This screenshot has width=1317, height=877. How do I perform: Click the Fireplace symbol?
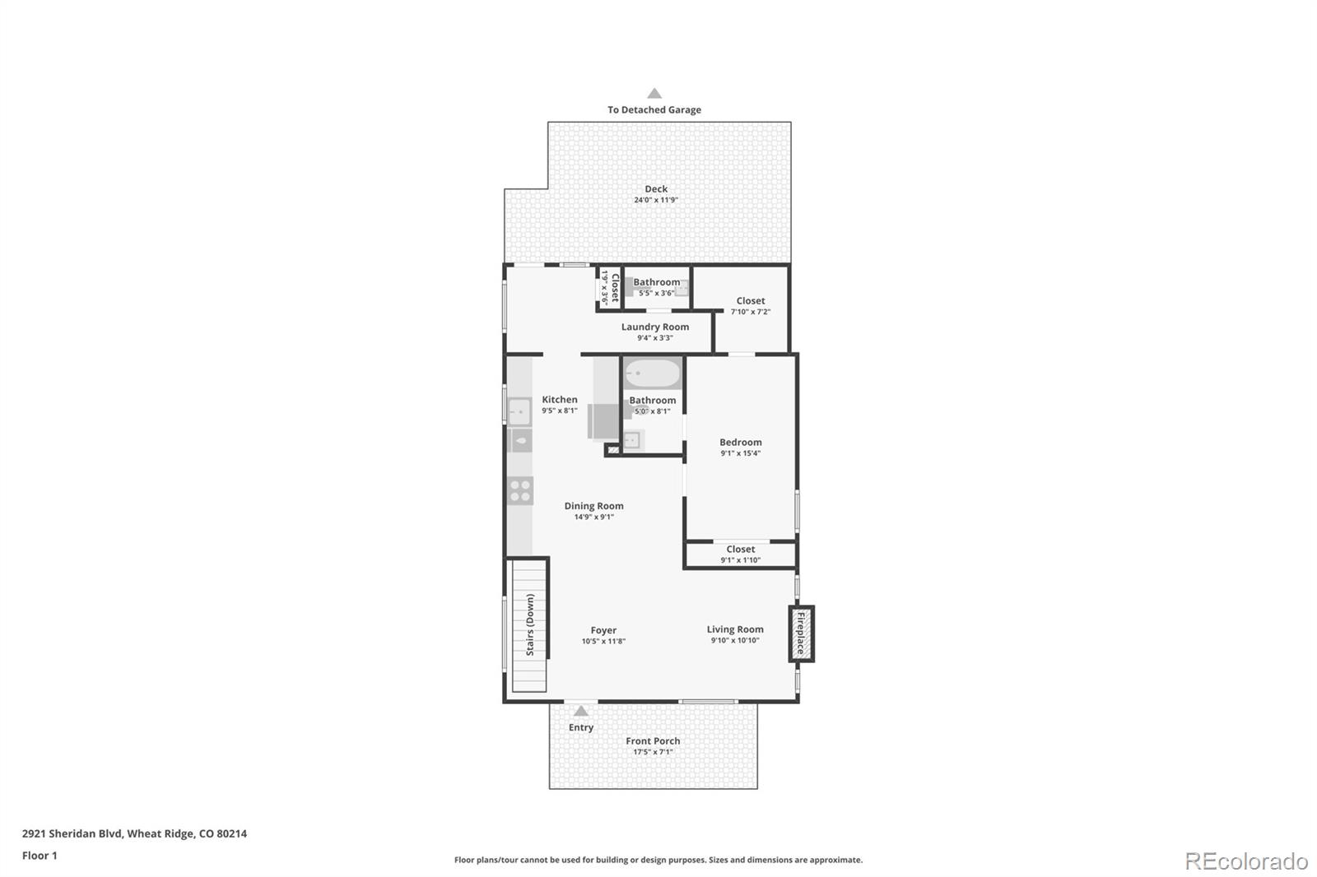pos(801,633)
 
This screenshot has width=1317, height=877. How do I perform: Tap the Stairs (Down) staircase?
pos(528,625)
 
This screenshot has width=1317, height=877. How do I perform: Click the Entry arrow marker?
pos(581,712)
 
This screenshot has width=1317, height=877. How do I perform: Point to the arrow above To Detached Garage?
pos(654,94)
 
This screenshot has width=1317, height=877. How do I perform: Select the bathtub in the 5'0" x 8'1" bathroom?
pos(652,374)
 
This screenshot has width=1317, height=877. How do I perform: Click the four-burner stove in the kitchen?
pos(520,491)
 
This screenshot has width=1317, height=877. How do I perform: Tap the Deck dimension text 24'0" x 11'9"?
pos(656,200)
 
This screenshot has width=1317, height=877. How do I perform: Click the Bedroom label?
pos(740,442)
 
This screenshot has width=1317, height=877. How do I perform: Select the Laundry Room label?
pos(655,327)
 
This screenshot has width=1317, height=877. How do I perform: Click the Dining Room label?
pos(593,506)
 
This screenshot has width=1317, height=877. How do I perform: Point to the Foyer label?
pos(603,630)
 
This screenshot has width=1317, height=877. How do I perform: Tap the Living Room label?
pos(735,629)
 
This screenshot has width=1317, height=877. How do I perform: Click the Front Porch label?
pos(653,740)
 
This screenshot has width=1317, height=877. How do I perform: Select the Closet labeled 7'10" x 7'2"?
pos(751,301)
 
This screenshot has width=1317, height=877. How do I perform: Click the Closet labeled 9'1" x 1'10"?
pos(740,550)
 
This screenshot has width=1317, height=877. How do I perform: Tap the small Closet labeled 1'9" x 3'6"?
pos(610,288)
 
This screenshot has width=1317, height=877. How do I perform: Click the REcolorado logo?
pos(1245,861)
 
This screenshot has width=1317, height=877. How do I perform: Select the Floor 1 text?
pos(40,856)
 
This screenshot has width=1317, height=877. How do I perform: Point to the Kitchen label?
pos(560,399)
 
